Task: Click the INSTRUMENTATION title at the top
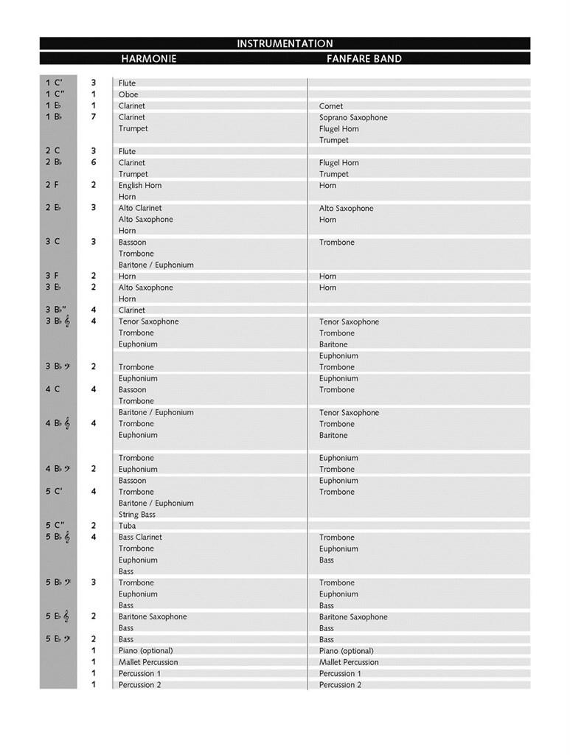[285, 44]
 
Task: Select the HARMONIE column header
[148, 58]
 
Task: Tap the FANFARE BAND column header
[364, 58]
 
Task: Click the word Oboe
[128, 94]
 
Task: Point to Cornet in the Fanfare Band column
[331, 106]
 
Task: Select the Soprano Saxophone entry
[353, 117]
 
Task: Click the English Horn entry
[140, 185]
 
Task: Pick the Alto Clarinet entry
[140, 208]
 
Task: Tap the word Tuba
[127, 526]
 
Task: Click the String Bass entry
[137, 515]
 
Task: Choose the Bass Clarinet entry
[140, 537]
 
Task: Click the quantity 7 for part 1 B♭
[94, 116]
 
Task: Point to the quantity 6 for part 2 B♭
[94, 162]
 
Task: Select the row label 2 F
[52, 185]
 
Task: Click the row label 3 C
[52, 241]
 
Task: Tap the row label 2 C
[52, 150]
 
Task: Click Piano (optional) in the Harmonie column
[145, 650]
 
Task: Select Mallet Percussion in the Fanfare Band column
[349, 662]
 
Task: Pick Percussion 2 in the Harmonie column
[139, 685]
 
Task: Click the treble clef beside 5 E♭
[66, 616]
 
